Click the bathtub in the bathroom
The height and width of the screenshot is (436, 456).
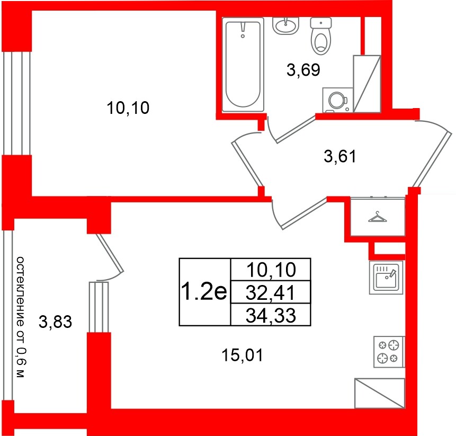coord(243,64)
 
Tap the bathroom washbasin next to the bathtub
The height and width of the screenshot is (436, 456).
coord(287,25)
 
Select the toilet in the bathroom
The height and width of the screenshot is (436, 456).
coord(320,36)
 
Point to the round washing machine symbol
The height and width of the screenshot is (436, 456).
coord(336,100)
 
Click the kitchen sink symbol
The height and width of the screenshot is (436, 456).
coord(386,277)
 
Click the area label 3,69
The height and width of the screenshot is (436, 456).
coord(303,69)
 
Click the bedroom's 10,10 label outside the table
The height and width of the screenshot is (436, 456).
coord(129,109)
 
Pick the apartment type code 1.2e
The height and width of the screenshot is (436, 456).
coord(204,291)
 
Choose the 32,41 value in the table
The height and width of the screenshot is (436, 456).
coord(271,291)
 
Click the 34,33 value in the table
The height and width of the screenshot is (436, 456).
coord(271,315)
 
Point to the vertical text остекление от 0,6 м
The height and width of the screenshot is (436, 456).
coord(20,317)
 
